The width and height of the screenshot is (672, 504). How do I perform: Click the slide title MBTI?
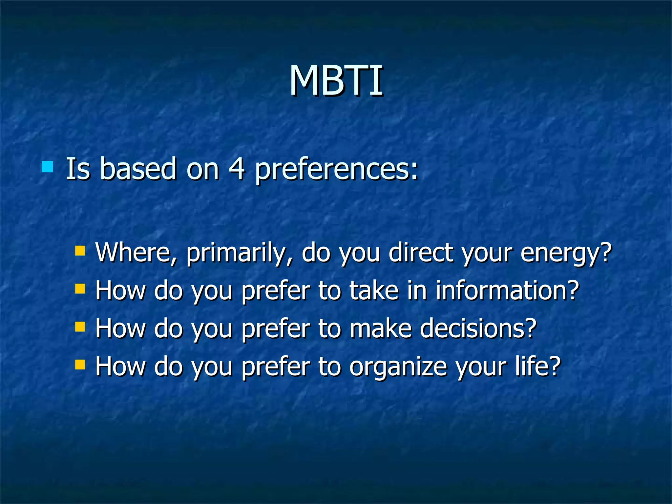point(336,81)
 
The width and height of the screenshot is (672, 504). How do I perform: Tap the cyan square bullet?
point(48,167)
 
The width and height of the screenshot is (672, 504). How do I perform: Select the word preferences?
point(336,170)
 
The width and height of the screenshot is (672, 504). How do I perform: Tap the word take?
point(374,290)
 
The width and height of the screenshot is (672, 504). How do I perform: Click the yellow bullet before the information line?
point(80,289)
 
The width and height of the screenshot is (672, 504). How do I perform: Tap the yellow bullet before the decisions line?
point(80,326)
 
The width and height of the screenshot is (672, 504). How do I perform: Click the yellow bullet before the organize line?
point(80,364)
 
